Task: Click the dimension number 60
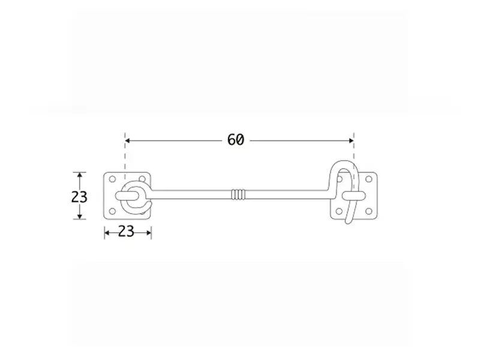coord(236,140)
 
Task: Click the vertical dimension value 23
coord(79,197)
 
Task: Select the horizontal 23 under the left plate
coord(126,232)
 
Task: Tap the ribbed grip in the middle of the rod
coord(238,194)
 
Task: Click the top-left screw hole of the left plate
coord(112,179)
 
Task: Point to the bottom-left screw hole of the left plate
coord(112,211)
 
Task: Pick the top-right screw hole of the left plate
coord(142,179)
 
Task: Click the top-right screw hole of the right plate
coord(368,179)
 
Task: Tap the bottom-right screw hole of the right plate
coord(368,211)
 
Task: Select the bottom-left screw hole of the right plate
coord(339,211)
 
